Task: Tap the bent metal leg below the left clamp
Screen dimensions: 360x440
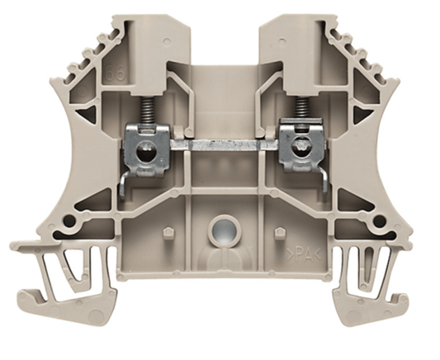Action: [x=124, y=183]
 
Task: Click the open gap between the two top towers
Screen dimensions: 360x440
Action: [x=221, y=41]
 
